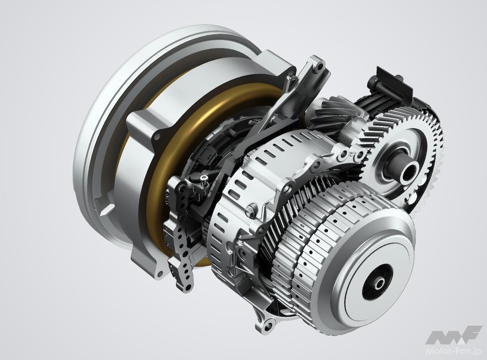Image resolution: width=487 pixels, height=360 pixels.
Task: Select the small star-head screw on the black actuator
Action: click(204, 178)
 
